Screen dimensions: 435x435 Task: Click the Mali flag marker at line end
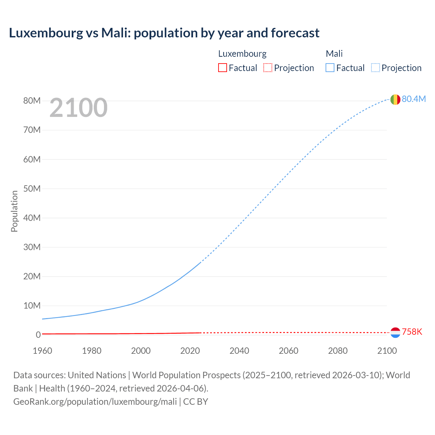pos(395,100)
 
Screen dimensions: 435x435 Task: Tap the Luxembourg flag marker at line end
pos(395,332)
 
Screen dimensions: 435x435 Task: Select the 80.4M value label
pos(414,99)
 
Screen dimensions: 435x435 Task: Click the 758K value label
pos(412,332)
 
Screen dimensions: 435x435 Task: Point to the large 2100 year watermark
pos(79,108)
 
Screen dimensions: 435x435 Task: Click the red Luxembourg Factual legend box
pos(222,68)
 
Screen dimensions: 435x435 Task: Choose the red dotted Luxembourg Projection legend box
pos(268,68)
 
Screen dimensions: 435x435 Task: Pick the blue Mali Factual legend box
pos(330,68)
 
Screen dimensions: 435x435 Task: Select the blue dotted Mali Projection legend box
pos(376,68)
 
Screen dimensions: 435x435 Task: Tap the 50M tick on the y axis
pos(32,189)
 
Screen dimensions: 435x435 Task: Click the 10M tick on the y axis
pos(32,306)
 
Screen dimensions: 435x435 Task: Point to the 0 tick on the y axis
pos(38,335)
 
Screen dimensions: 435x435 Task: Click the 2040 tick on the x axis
pos(239,351)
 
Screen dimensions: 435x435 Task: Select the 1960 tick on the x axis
pos(42,351)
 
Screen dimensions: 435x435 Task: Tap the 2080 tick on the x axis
pos(338,351)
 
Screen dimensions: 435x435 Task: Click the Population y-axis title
pos(14,211)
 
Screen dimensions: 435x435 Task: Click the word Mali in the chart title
pos(116,33)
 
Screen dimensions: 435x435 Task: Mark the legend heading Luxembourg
pos(242,54)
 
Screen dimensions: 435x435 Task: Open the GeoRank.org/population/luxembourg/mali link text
pos(95,402)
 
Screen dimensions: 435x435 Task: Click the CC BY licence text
pos(196,402)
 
